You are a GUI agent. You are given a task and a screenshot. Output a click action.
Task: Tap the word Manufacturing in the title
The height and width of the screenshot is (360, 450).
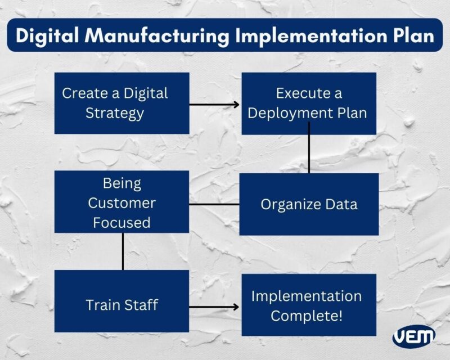pos(156,35)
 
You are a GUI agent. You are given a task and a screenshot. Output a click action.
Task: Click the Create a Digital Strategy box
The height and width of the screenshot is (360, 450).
pos(121,103)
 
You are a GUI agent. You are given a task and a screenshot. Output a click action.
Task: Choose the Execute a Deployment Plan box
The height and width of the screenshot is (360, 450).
pos(308,103)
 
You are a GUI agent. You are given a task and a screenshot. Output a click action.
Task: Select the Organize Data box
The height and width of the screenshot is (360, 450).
pos(308,204)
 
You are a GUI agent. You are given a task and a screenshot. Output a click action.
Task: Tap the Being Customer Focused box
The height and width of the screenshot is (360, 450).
pos(121,202)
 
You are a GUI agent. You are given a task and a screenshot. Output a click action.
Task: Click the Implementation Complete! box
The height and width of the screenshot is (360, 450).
pos(308,305)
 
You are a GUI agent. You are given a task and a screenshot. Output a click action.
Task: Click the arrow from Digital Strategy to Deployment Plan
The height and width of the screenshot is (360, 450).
pos(215,104)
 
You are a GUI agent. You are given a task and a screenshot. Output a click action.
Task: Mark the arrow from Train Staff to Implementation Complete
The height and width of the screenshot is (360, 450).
pos(215,307)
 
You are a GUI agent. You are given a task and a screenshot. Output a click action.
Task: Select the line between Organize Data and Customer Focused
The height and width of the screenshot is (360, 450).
pos(214,204)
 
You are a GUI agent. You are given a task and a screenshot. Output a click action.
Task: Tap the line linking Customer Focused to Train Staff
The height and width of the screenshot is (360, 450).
pos(123,251)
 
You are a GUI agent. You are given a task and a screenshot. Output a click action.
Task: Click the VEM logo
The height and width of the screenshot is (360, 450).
pos(414,336)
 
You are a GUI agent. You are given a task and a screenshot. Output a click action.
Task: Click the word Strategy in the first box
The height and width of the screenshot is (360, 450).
pos(115,113)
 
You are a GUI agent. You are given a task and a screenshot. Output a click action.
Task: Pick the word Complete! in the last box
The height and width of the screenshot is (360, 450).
pos(307,316)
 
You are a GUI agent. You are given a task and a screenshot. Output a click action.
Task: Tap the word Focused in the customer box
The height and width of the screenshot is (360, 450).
pos(121,223)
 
